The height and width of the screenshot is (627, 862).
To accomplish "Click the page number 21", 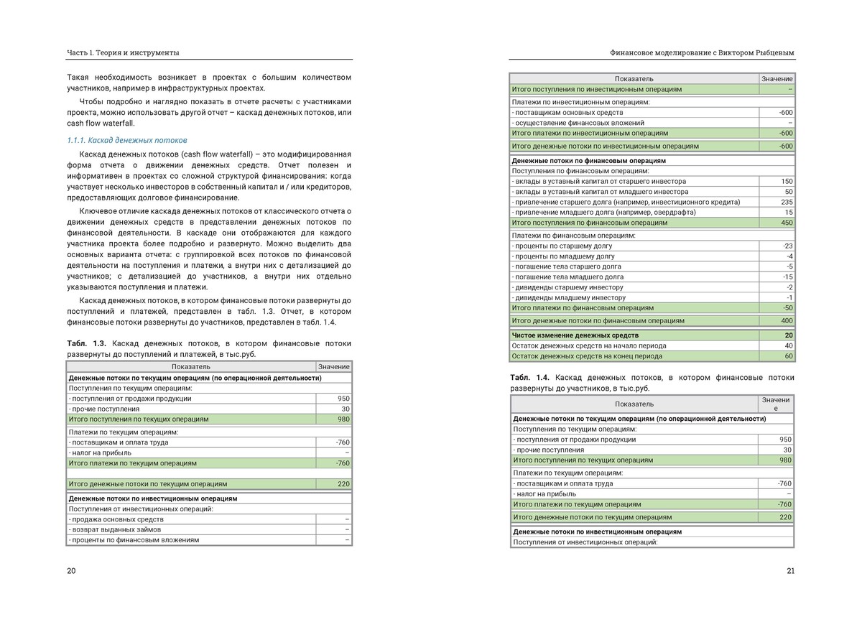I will pyautogui.click(x=790, y=571).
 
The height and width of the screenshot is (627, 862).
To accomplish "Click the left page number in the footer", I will pyautogui.click(x=71, y=571).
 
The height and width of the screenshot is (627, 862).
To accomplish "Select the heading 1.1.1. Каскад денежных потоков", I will pyautogui.click(x=126, y=140).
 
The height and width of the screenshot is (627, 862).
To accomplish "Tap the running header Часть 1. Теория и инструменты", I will pyautogui.click(x=123, y=52).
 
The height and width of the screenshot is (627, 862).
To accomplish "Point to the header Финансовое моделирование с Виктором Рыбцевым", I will pyautogui.click(x=702, y=52).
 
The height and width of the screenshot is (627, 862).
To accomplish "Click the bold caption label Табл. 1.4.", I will pyautogui.click(x=530, y=377).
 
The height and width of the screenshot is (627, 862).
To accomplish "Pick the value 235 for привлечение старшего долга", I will pyautogui.click(x=787, y=202).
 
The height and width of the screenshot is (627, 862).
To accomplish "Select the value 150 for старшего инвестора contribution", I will pyautogui.click(x=787, y=182).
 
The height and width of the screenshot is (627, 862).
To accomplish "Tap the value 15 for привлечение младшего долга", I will pyautogui.click(x=789, y=213).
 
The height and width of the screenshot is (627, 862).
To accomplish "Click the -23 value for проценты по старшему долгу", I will pyautogui.click(x=787, y=246).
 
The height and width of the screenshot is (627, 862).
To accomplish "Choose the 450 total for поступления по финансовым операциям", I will pyautogui.click(x=787, y=223).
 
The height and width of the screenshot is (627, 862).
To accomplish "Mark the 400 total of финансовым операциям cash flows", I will pyautogui.click(x=787, y=320).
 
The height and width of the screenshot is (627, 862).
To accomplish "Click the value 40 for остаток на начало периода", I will pyautogui.click(x=789, y=345).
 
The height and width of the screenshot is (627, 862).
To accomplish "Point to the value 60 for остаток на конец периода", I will pyautogui.click(x=789, y=356).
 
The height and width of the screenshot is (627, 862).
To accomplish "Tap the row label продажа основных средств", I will pyautogui.click(x=116, y=519).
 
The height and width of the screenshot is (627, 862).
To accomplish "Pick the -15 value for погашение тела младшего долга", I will pyautogui.click(x=787, y=277).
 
